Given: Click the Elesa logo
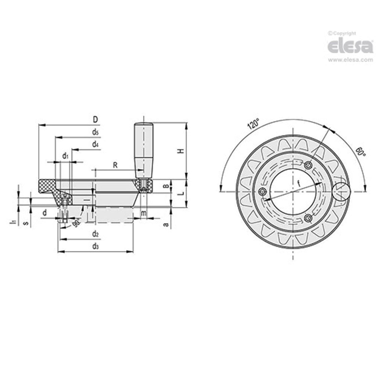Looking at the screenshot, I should pyautogui.click(x=350, y=46).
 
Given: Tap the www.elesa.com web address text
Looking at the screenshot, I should pyautogui.click(x=351, y=60).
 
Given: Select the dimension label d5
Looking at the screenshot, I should pyautogui.click(x=95, y=132).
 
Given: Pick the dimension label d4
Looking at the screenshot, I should pyautogui.click(x=95, y=144).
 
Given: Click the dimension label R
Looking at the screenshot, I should pyautogui.click(x=115, y=165).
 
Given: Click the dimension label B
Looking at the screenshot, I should pyautogui.click(x=166, y=186).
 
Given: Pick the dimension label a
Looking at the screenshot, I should pyautogui.click(x=166, y=224).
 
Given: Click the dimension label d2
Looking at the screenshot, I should pyautogui.click(x=95, y=234).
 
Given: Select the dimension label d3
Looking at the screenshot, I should pyautogui.click(x=95, y=247).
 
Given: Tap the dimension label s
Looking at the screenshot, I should pyautogui.click(x=26, y=223).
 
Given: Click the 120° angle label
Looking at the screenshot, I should pyautogui.click(x=253, y=125).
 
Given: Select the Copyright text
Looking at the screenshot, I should pyautogui.click(x=342, y=33).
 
